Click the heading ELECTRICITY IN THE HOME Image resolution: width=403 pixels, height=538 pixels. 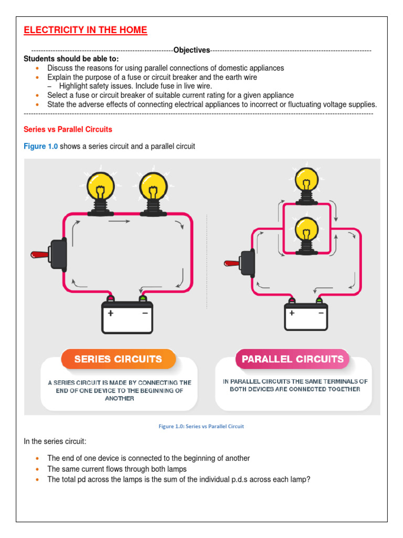[86, 30]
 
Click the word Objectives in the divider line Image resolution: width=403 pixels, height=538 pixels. [192, 50]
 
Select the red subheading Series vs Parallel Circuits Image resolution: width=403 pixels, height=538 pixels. [68, 129]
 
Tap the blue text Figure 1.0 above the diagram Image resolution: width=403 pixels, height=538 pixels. [41, 146]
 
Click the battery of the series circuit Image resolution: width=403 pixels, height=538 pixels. [128, 318]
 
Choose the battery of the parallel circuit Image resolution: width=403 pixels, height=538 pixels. [306, 316]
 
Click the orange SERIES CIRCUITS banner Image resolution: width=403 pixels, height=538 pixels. [118, 359]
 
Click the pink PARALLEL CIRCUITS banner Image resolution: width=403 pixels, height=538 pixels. [292, 359]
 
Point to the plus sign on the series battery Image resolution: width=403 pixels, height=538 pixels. [111, 313]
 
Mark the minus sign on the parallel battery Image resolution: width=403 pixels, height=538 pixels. [321, 312]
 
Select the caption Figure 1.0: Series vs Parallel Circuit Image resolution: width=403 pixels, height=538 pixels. [201, 426]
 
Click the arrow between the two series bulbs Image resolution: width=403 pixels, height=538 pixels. [119, 222]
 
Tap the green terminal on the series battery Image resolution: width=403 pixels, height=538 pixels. [142, 299]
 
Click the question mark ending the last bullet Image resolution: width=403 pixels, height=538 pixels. [309, 479]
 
